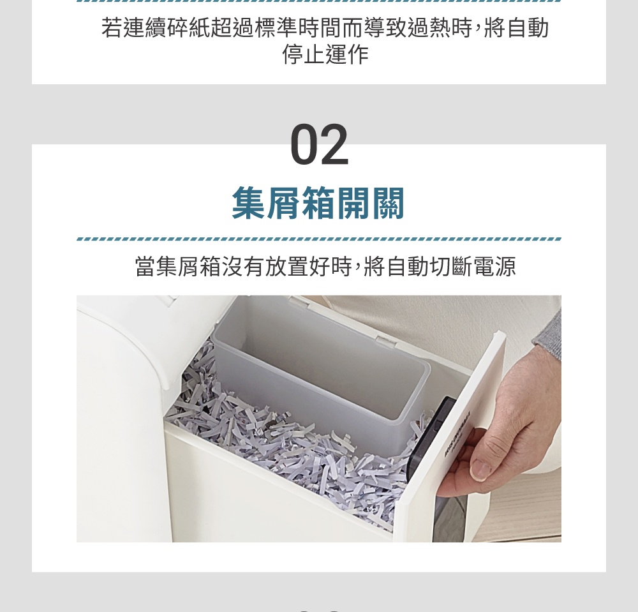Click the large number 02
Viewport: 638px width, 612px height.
pos(319,145)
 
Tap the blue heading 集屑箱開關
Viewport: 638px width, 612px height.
pos(318,203)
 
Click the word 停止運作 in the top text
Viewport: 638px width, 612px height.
pos(325,55)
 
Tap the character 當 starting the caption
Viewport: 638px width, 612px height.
pos(145,267)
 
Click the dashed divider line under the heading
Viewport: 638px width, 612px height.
pos(319,239)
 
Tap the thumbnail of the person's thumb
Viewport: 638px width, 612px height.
pos(480,470)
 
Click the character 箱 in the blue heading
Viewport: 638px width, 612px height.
pos(318,203)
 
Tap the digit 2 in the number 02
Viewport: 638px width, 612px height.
pos(334,145)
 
